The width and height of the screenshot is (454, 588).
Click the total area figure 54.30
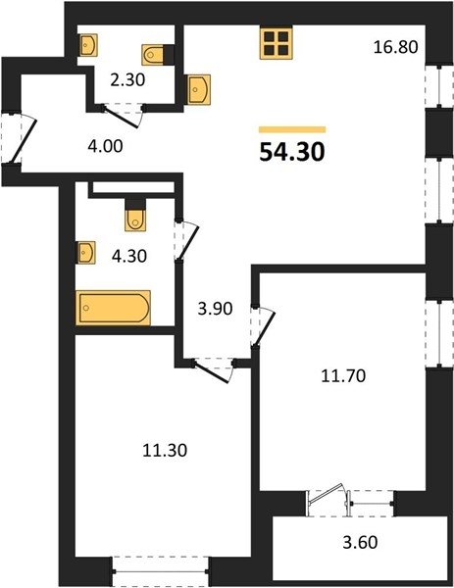pyautogui.click(x=292, y=153)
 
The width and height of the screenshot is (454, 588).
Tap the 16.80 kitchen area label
pyautogui.click(x=396, y=48)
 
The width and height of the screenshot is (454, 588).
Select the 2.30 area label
pyautogui.click(x=127, y=80)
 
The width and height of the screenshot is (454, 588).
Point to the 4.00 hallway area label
pyautogui.click(x=105, y=146)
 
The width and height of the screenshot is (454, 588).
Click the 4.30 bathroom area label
pyautogui.click(x=129, y=256)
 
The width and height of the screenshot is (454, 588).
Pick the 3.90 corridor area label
pyautogui.click(x=216, y=309)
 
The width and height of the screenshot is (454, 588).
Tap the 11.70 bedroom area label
pyautogui.click(x=343, y=375)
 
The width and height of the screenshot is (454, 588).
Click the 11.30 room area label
pyautogui.click(x=165, y=451)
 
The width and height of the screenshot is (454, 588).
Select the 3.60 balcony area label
pyautogui.click(x=360, y=542)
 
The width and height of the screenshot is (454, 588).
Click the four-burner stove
pyautogui.click(x=276, y=44)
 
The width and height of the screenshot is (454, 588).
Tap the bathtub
pyautogui.click(x=113, y=308)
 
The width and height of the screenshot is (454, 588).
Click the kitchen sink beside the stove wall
pyautogui.click(x=198, y=89)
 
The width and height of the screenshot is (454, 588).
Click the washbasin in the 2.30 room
pyautogui.click(x=88, y=45)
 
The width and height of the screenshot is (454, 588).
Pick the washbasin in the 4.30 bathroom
pyautogui.click(x=85, y=253)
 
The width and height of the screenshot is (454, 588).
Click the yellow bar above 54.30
pyautogui.click(x=292, y=129)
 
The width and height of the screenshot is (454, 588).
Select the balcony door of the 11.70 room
pyautogui.click(x=326, y=494)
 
